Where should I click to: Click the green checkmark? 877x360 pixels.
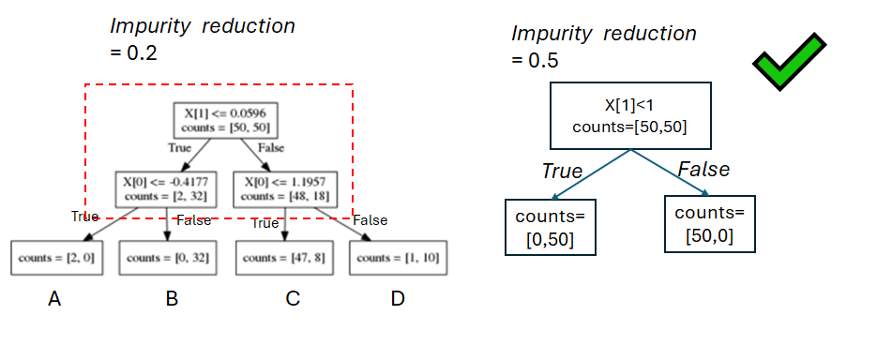[x=789, y=62]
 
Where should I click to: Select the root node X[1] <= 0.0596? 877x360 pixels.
[x=226, y=119]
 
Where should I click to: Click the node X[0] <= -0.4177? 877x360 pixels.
[x=165, y=187]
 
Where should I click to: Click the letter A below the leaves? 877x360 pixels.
[x=54, y=299]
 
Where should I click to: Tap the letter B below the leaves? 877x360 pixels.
[x=172, y=299]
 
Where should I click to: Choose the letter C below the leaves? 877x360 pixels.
[x=292, y=299]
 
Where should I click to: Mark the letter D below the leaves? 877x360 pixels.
[x=398, y=299]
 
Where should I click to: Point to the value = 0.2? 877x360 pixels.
[x=133, y=52]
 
